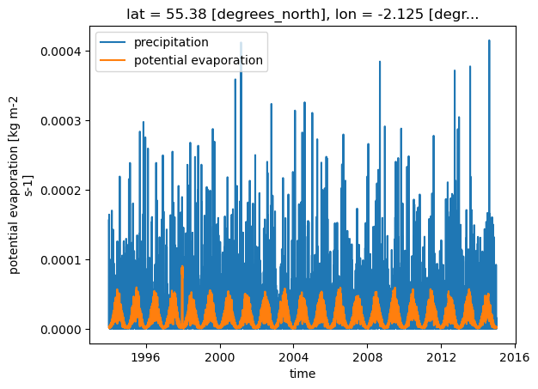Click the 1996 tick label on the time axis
[146, 357]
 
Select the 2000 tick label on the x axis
[220, 357]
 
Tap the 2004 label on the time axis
[294, 357]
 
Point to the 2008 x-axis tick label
[368, 357]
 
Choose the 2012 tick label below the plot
[441, 357]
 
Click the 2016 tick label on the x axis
[515, 357]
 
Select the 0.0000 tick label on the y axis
[61, 330]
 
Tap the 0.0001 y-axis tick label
[61, 260]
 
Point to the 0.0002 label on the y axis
[61, 191]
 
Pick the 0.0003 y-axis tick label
[61, 121]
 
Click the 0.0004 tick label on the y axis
[61, 52]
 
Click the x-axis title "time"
[303, 374]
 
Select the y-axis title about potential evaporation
[20, 185]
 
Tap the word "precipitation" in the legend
[171, 42]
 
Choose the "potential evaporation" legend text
[199, 60]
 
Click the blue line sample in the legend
[113, 42]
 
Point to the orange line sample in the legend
[113, 60]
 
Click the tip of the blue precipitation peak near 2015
[489, 40]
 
